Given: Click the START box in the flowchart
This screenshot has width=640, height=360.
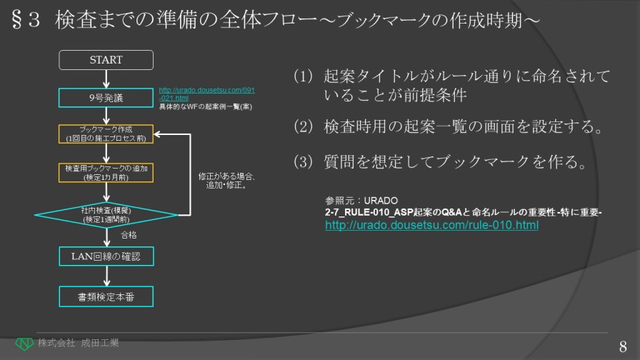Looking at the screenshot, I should pos(106,60).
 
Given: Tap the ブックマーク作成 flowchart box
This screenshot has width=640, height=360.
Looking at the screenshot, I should pos(106,134).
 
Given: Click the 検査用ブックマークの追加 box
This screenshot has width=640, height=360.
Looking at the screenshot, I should pos(106,172).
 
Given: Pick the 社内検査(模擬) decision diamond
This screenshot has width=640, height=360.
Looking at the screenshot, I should pos(106,214).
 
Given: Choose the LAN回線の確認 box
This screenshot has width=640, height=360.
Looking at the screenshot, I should pos(106,256).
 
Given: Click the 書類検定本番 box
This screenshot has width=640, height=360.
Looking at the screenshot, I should pos(106,296).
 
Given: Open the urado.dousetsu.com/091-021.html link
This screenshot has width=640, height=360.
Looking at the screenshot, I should pos(206,94).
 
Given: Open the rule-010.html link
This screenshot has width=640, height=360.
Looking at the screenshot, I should pos(431,226).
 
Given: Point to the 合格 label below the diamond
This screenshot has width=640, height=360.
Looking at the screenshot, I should pos(129,235).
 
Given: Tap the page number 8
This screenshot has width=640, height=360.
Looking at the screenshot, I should pos(623,344).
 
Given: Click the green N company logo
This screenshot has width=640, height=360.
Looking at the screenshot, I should pos(24,344).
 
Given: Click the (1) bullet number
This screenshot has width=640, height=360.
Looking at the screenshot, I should pos(304,76).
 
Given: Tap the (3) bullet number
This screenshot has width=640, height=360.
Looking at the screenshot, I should pos(304,163).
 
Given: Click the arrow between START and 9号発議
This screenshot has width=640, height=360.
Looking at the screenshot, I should pos(106,79).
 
